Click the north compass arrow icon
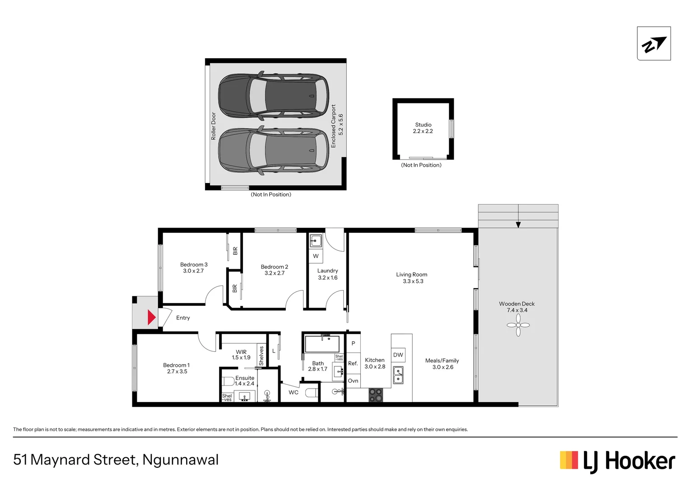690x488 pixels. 653,44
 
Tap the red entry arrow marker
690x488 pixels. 152,317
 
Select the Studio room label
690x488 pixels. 423,125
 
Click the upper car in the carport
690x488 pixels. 274,95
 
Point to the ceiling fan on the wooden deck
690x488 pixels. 518,325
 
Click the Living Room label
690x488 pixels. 411,274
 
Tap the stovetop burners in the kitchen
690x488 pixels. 376,395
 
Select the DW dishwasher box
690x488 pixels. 398,355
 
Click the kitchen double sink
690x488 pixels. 398,375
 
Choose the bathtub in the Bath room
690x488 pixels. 322,344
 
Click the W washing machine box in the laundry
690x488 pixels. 316,256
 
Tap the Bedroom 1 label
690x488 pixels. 176,365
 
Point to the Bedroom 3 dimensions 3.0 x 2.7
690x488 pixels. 193,271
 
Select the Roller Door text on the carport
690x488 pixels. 214,126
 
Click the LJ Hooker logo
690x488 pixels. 617,461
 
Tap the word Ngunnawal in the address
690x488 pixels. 180,460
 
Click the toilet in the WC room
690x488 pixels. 312,392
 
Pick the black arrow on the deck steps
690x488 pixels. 518,225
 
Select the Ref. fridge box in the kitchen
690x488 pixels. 353,363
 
